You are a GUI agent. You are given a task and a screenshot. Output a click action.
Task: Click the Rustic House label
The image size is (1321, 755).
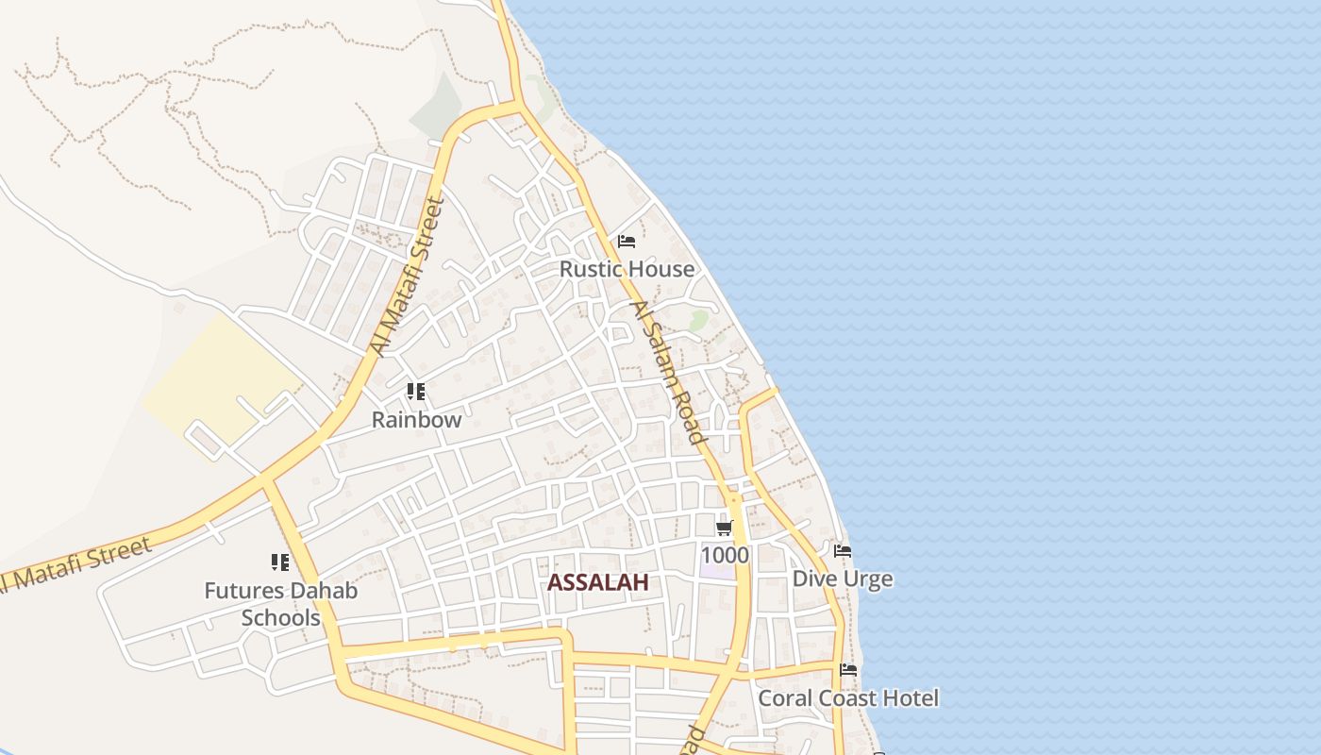coord(627,269)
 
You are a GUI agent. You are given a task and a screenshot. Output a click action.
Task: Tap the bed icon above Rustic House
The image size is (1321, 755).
coord(626,242)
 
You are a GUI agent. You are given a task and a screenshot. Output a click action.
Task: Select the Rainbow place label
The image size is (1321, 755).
coord(416,420)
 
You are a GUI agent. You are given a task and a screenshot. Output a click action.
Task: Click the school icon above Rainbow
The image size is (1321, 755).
coord(415,391)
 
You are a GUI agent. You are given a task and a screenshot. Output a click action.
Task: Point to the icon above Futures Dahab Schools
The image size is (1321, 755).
coord(280,562)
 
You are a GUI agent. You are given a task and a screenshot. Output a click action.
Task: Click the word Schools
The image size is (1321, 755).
coord(281,618)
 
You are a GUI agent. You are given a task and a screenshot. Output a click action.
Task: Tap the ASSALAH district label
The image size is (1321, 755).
coord(598,583)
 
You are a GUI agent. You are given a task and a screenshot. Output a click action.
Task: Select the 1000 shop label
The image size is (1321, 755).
coord(725,555)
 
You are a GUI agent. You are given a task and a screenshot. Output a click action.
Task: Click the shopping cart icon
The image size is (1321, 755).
coord(724,528)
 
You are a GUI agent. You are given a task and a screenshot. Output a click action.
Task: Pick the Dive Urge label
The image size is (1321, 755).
coord(843,579)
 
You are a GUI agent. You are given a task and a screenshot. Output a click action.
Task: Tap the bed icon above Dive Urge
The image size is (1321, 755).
coord(842,550)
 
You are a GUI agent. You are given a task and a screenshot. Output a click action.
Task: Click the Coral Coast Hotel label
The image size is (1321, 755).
coord(848,698)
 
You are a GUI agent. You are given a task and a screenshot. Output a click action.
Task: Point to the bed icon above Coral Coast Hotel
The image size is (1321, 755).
coord(848,670)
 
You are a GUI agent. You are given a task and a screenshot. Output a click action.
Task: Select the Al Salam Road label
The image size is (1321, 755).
coord(669,373)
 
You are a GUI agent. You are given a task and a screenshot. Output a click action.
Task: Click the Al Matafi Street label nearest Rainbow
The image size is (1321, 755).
coord(407,276)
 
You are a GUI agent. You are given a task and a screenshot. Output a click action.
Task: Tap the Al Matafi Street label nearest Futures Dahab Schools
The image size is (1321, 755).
coord(75,565)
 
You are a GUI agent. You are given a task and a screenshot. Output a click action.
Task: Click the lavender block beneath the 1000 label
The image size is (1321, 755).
coord(717,571)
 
